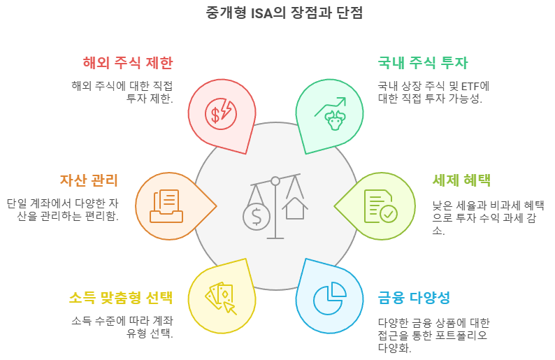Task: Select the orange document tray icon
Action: pyautogui.click(x=166, y=206)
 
